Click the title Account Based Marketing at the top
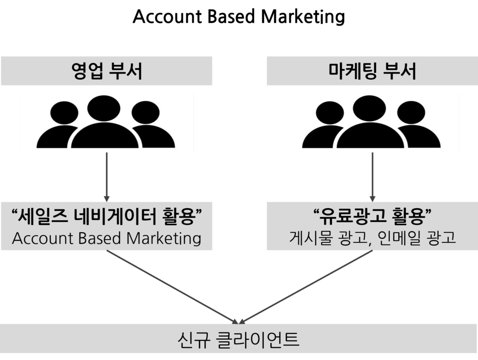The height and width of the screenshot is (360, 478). pos(239,16)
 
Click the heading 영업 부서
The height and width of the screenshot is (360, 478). pos(107,71)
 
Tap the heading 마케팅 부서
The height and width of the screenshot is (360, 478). pos(372,71)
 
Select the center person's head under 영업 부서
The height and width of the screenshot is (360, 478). pos(104,109)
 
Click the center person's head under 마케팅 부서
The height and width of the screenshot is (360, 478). pos(369,109)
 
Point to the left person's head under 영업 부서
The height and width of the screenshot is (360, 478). pos(64,113)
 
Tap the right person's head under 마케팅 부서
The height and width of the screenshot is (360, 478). pos(411,113)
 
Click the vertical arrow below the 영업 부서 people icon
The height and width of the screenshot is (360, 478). pos(106,177)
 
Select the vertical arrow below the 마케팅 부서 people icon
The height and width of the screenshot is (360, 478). pos(372,177)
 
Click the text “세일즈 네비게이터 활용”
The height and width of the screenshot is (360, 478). pos(106,216)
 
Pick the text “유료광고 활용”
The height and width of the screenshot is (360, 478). pos(372,216)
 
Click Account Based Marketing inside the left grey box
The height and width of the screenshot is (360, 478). pos(106,238)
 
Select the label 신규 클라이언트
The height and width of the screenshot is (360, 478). pos(239,339)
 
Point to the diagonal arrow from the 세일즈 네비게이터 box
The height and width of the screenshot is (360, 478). pos(172,287)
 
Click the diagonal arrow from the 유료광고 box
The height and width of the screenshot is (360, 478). pos(306,287)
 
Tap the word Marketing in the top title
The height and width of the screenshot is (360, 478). pos(303,17)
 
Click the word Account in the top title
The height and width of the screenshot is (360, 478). pos(168,16)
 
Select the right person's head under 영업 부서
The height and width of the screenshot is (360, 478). pos(146,113)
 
